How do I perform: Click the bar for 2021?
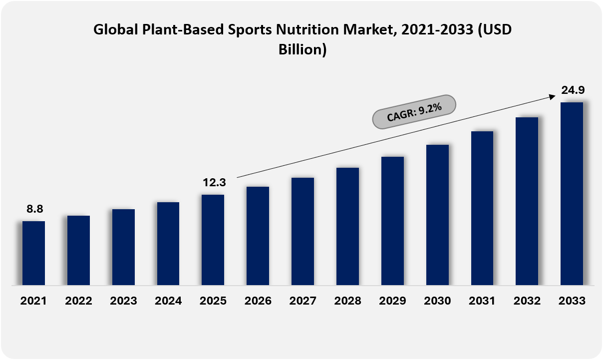(x=33, y=253)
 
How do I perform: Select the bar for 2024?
(x=168, y=244)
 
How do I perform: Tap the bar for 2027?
(x=302, y=231)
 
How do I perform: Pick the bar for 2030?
(x=437, y=215)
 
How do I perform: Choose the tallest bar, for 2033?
(x=572, y=194)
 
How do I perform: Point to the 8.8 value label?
(x=35, y=209)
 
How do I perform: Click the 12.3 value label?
(x=214, y=183)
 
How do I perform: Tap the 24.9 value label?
(x=573, y=90)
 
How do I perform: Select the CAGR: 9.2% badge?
(x=414, y=112)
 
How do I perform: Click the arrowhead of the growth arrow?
(x=553, y=97)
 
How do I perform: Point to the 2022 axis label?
(x=78, y=301)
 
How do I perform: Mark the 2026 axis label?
(x=258, y=301)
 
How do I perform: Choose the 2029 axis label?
(x=392, y=301)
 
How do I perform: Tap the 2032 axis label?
(x=527, y=301)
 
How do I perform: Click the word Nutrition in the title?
(x=307, y=29)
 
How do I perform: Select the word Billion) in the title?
(x=302, y=50)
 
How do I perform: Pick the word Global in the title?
(x=116, y=29)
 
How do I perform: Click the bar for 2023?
(x=124, y=247)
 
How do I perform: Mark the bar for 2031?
(x=482, y=208)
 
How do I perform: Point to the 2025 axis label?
(x=213, y=301)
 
